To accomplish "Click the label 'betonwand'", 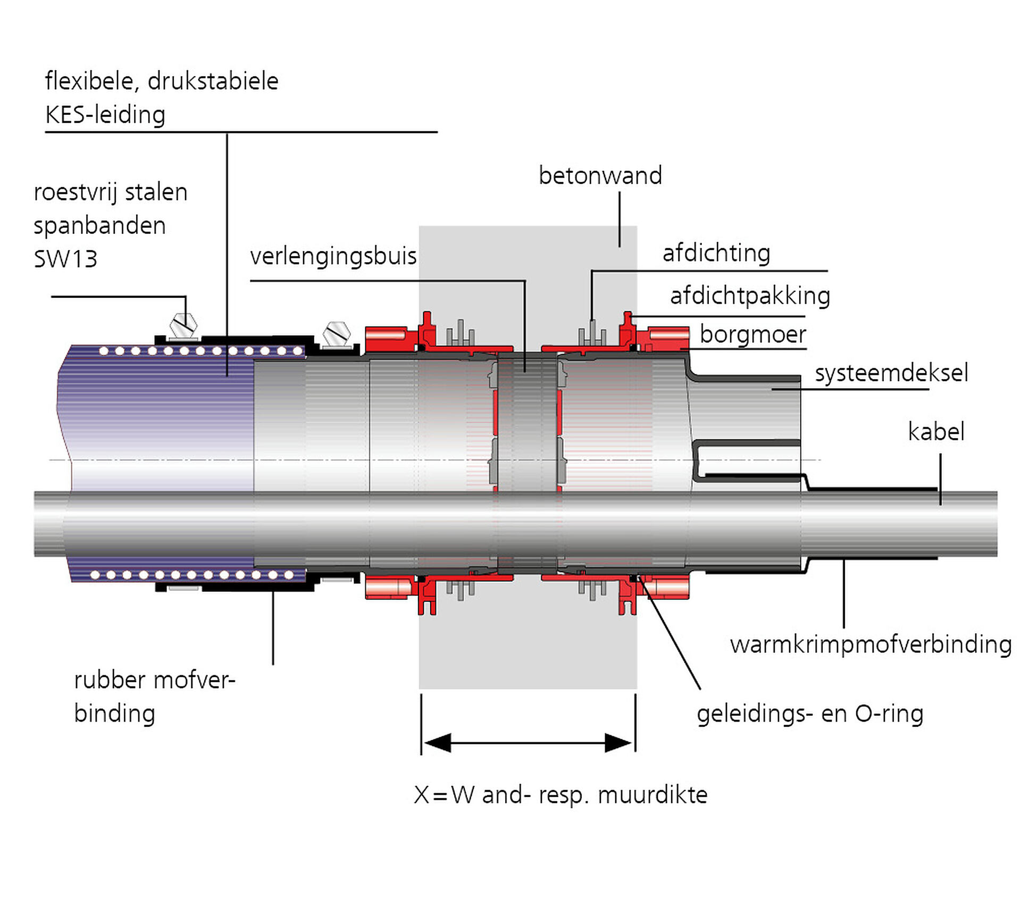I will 600,176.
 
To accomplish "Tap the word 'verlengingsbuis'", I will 333,257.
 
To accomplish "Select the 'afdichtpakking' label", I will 750,296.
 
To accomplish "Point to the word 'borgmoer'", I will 752,335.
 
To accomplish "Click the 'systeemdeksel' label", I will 891,373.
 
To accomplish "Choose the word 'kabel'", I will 936,432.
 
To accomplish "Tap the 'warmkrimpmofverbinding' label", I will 871,645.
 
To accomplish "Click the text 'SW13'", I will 65,259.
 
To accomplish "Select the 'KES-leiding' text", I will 105,115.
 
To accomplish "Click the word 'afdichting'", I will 716,254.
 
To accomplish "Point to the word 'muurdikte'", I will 652,795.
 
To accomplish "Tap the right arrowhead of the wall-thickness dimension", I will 619,743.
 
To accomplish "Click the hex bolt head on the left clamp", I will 183,324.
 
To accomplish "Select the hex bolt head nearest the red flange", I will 337,333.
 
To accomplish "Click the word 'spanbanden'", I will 99,226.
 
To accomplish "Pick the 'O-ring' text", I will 889,714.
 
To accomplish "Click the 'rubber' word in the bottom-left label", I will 110,681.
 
